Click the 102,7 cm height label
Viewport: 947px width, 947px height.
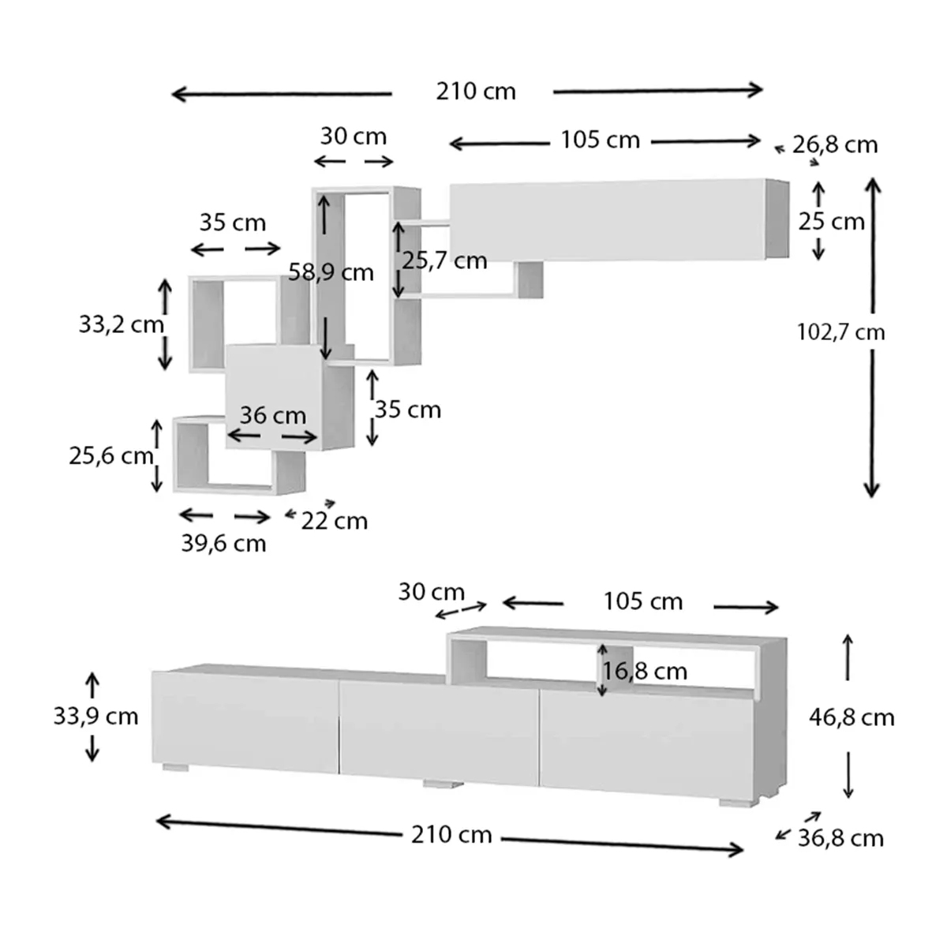pos(840,332)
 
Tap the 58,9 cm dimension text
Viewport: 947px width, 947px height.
pos(331,273)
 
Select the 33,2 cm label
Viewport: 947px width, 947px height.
pos(121,324)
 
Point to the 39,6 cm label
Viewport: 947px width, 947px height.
pos(223,544)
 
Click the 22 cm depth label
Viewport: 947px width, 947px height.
pos(335,521)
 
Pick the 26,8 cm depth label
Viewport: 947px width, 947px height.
pos(835,145)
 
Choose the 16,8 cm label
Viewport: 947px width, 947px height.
pos(645,672)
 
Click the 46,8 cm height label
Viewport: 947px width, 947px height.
pos(852,717)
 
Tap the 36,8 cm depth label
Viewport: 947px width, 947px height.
pos(840,838)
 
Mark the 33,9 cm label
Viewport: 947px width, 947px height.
pos(95,717)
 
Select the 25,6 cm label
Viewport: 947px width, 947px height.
pos(110,456)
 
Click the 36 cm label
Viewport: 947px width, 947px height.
pos(273,415)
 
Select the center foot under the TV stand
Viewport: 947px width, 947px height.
pos(443,784)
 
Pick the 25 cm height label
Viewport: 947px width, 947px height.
pos(831,222)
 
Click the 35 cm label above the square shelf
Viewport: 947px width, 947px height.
pos(232,223)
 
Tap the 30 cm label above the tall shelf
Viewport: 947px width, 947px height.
pos(353,137)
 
